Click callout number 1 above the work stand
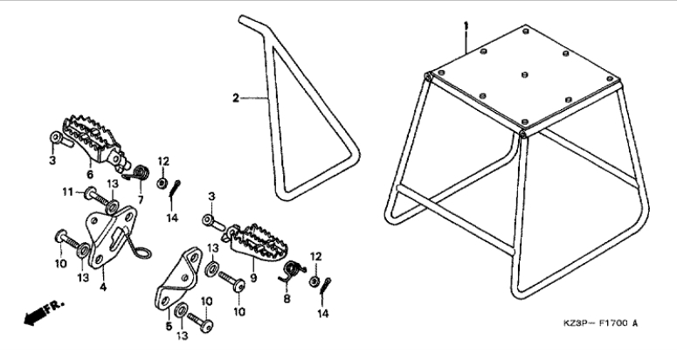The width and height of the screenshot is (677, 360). [x=466, y=26]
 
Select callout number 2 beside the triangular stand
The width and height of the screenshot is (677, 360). [x=235, y=99]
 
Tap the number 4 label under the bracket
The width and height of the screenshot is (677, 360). [x=103, y=287]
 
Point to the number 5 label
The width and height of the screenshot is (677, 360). [x=169, y=326]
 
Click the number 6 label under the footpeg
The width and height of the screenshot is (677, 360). [x=90, y=175]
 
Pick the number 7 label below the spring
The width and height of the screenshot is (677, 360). [x=141, y=200]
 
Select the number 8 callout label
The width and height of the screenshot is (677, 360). [x=287, y=298]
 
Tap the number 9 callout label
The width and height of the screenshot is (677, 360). [x=253, y=278]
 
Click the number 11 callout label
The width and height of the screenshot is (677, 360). [x=67, y=191]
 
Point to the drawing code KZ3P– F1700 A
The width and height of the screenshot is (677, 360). [x=601, y=323]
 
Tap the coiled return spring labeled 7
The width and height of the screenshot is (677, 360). [x=137, y=173]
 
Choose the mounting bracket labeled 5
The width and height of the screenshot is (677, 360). [x=177, y=279]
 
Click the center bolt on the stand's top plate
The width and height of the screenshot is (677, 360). [x=525, y=74]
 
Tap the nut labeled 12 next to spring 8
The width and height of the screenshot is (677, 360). [x=314, y=281]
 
